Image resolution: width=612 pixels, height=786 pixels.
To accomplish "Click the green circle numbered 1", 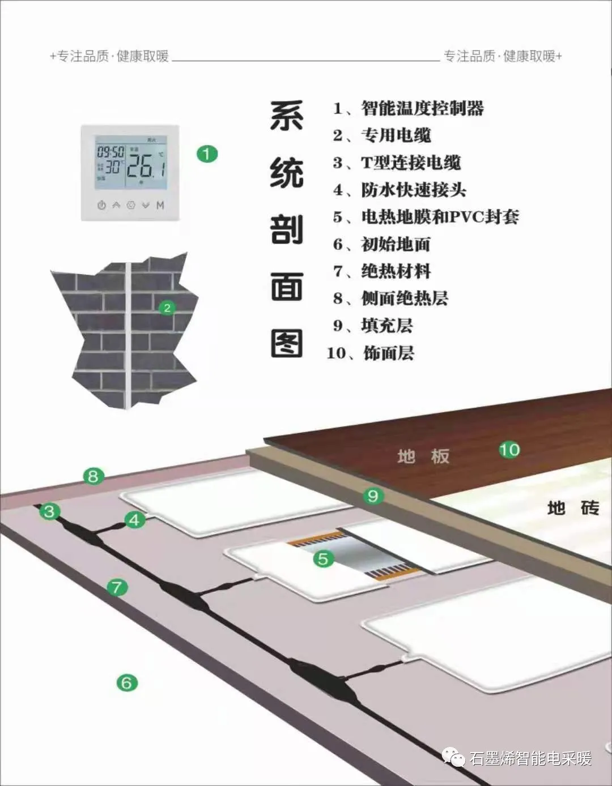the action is pyautogui.click(x=207, y=153).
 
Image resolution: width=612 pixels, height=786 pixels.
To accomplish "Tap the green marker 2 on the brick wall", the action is pyautogui.click(x=167, y=308).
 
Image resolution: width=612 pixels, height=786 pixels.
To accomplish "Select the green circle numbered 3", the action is pyautogui.click(x=49, y=511).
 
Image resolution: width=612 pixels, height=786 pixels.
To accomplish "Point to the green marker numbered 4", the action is pyautogui.click(x=134, y=519).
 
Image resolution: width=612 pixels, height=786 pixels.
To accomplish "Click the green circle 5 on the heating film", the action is pyautogui.click(x=322, y=559).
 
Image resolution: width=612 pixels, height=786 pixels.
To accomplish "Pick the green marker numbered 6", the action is pyautogui.click(x=126, y=682).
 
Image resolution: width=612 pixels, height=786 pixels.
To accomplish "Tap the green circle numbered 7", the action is pyautogui.click(x=117, y=587).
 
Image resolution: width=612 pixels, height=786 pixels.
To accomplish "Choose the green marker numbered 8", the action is pyautogui.click(x=93, y=476).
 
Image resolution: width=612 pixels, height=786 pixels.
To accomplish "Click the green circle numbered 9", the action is pyautogui.click(x=372, y=496).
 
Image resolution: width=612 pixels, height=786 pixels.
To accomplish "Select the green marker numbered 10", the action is pyautogui.click(x=509, y=450).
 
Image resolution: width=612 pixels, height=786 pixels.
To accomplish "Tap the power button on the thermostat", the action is pyautogui.click(x=101, y=205).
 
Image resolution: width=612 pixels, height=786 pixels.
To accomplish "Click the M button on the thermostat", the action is pyautogui.click(x=160, y=205).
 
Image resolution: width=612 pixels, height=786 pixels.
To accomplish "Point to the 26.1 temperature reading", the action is pyautogui.click(x=146, y=165).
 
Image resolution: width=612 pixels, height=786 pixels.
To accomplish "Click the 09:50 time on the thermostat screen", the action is pyautogui.click(x=110, y=152).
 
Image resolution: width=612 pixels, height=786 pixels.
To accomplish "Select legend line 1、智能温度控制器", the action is pyautogui.click(x=408, y=108).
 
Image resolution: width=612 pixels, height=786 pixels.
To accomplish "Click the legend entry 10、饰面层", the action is pyautogui.click(x=371, y=353).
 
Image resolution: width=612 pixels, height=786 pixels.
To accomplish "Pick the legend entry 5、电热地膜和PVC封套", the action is pyautogui.click(x=426, y=216).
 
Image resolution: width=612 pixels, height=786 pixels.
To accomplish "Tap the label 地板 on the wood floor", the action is pyautogui.click(x=423, y=456).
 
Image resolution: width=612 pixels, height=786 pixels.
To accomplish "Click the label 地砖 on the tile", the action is pyautogui.click(x=573, y=508).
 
